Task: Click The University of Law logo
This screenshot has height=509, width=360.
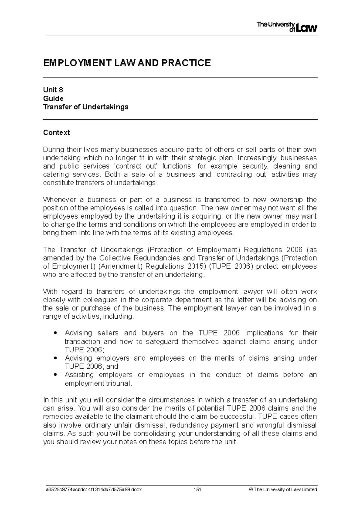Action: click(x=287, y=27)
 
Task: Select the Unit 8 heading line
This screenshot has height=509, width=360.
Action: click(x=53, y=90)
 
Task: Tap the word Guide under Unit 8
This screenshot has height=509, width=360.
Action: click(x=53, y=98)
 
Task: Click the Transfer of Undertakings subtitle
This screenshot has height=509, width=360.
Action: click(x=85, y=107)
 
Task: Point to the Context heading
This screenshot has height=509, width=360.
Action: click(x=56, y=132)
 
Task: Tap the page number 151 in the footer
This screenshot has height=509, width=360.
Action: click(x=197, y=490)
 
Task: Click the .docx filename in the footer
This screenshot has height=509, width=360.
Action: click(x=92, y=490)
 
